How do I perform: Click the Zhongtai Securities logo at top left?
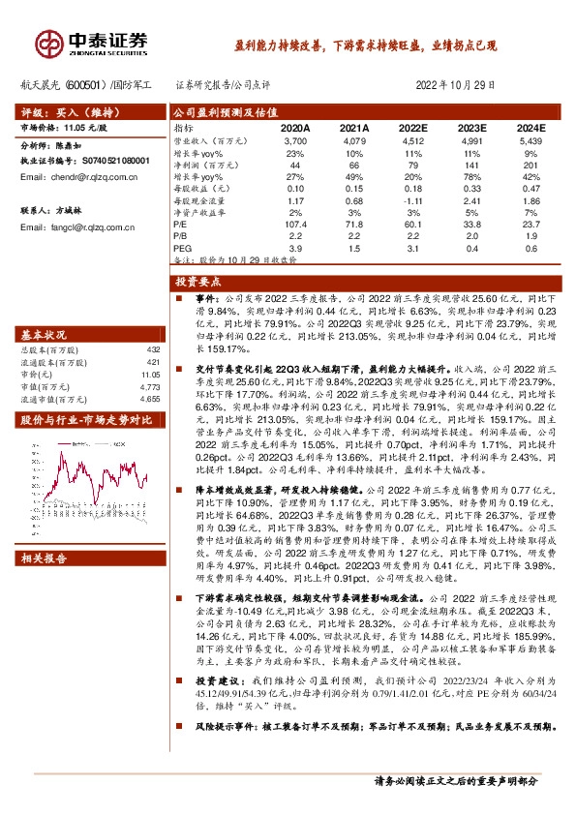click(x=93, y=42)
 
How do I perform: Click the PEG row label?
click(x=181, y=249)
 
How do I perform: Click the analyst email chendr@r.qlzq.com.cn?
click(x=86, y=178)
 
